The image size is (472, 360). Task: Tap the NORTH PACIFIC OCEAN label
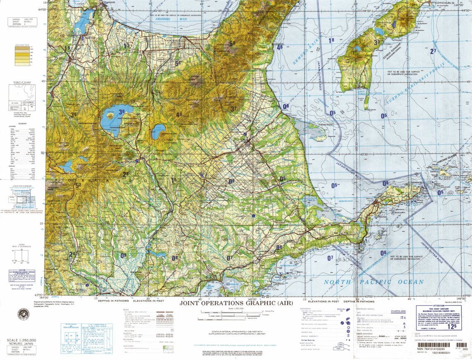point(374,282)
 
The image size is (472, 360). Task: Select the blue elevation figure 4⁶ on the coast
point(280,47)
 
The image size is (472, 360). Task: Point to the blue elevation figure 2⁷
point(433,51)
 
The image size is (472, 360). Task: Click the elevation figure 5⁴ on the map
point(178,63)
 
